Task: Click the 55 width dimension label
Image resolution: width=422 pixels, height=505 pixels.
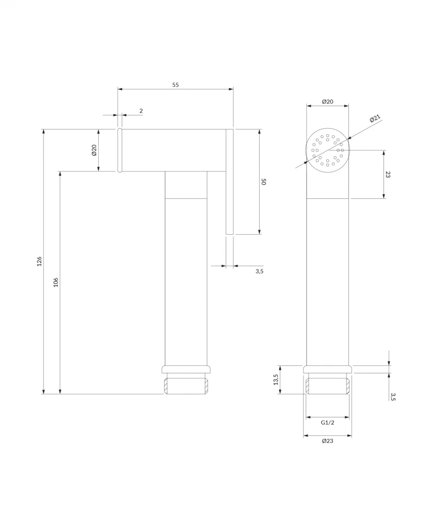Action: [175, 85]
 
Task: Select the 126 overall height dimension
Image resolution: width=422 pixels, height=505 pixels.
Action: [39, 261]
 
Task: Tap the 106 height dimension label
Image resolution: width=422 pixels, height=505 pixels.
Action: [56, 283]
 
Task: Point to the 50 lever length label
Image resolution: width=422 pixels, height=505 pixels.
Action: [263, 181]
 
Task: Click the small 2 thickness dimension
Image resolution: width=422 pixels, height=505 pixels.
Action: [141, 111]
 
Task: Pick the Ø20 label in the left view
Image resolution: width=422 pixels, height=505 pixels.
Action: [94, 150]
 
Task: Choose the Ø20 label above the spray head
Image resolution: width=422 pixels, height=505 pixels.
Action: [328, 102]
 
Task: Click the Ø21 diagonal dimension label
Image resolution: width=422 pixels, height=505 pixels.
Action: [375, 118]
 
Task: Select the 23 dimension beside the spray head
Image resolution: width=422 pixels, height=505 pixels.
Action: [388, 175]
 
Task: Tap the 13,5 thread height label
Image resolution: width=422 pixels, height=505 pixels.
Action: [275, 379]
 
